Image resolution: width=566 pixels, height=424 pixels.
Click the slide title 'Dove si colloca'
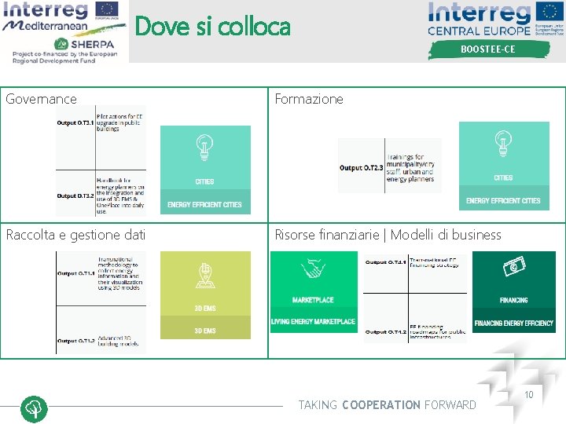click(x=212, y=27)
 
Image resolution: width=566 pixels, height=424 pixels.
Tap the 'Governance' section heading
click(x=42, y=99)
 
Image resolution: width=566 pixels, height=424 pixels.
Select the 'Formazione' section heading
click(x=309, y=99)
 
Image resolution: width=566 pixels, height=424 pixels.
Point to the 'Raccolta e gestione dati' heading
click(x=75, y=234)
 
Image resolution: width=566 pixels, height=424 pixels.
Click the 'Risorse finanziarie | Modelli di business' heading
click(x=388, y=234)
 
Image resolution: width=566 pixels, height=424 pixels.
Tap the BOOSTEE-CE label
click(x=487, y=49)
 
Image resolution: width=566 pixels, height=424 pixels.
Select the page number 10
click(x=529, y=394)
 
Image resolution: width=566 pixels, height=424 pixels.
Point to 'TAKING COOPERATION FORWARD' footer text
click(x=387, y=405)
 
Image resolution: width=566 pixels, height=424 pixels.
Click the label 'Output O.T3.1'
click(x=75, y=122)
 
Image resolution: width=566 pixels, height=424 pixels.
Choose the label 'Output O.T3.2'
click(x=75, y=196)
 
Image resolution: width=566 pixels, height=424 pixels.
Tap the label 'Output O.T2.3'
click(x=362, y=167)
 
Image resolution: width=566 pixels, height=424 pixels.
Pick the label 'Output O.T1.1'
click(x=76, y=273)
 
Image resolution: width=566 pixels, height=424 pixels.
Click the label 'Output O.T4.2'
click(x=386, y=331)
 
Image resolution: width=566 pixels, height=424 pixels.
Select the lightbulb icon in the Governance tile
click(x=205, y=146)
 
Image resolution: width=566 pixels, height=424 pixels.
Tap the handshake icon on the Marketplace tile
click(x=313, y=269)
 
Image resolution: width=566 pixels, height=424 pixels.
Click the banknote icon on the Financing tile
click(x=514, y=267)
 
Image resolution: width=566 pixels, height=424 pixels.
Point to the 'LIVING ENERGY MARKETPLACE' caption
click(x=313, y=322)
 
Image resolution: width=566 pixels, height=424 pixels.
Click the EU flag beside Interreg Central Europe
click(x=549, y=13)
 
